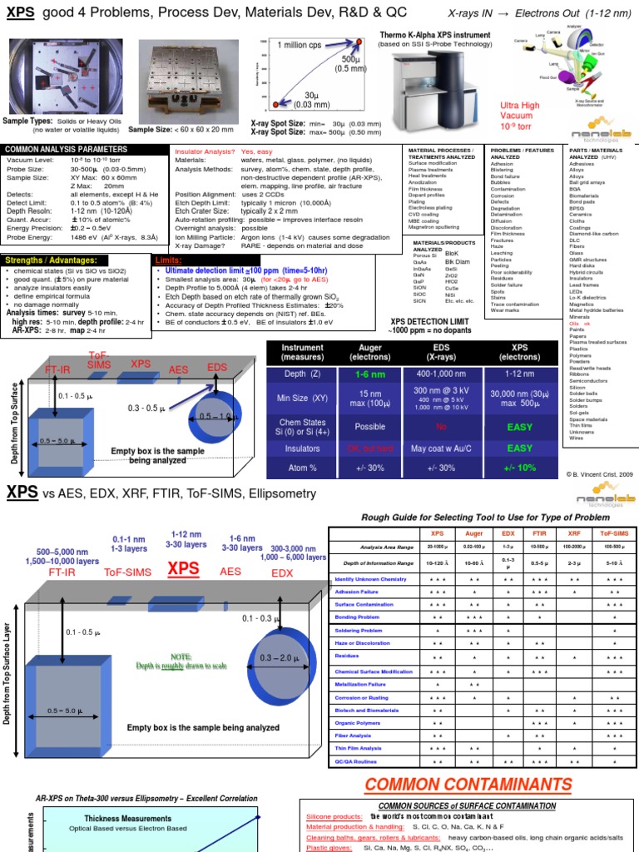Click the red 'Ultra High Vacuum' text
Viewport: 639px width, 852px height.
pos(520,116)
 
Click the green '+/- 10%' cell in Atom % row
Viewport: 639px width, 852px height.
pos(520,468)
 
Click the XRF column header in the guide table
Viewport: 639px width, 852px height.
pos(574,533)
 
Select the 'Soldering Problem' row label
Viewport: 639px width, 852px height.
pos(359,631)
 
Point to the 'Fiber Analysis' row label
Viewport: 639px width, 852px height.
pos(354,735)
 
